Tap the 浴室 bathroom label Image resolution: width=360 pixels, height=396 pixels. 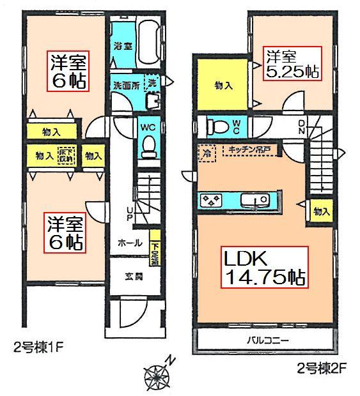click(123, 47)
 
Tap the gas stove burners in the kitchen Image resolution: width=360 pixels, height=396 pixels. click(212, 201)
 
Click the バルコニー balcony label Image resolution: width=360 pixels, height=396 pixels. click(264, 340)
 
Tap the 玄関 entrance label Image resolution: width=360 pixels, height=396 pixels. click(131, 277)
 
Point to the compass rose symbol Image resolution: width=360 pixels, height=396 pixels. click(157, 377)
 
